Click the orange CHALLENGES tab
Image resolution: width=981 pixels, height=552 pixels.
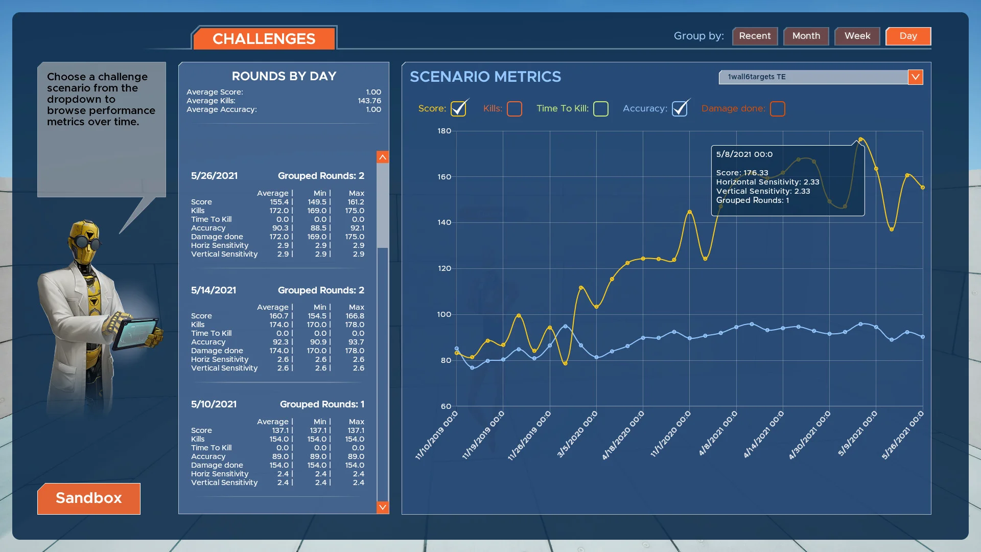pos(264,39)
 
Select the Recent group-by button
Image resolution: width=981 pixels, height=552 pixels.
pos(755,36)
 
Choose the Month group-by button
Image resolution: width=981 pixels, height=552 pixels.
pos(806,36)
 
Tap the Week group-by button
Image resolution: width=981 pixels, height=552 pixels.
pos(857,36)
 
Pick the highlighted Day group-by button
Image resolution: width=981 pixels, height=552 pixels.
pos(908,36)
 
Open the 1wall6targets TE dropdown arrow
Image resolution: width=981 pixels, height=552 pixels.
pos(915,77)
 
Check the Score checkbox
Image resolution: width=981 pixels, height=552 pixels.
pos(458,109)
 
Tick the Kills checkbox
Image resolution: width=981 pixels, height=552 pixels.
pos(515,109)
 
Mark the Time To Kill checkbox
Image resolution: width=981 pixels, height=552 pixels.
pos(601,109)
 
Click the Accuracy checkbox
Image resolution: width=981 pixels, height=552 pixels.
pos(680,109)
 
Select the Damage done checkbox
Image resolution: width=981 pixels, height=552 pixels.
pos(777,109)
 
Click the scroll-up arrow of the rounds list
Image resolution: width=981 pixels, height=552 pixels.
pos(382,157)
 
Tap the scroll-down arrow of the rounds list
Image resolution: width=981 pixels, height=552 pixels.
pos(382,507)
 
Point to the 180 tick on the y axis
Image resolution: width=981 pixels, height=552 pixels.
pos(444,131)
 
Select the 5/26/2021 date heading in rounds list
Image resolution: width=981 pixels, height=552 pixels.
pos(214,176)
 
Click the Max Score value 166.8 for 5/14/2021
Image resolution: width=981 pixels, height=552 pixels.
pos(355,316)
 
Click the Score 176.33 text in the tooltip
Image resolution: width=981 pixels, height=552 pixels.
pos(742,173)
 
